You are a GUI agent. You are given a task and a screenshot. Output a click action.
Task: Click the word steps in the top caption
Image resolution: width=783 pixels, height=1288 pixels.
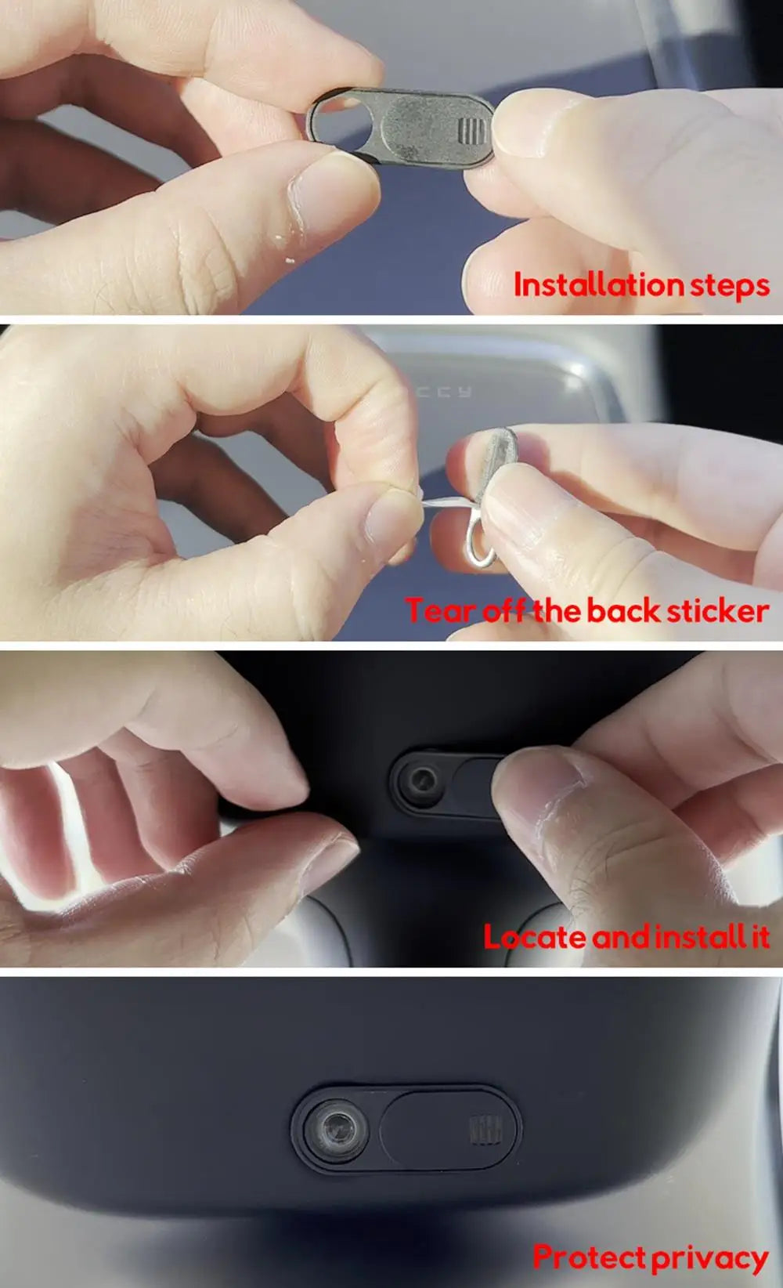(x=729, y=285)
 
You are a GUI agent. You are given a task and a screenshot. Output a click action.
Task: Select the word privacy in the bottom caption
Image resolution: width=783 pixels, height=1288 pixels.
(x=709, y=1258)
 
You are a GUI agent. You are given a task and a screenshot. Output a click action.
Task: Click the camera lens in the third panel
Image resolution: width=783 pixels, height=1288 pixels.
(x=424, y=780)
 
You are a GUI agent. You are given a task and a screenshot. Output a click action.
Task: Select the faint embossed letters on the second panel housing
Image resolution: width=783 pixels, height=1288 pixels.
(x=445, y=391)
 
